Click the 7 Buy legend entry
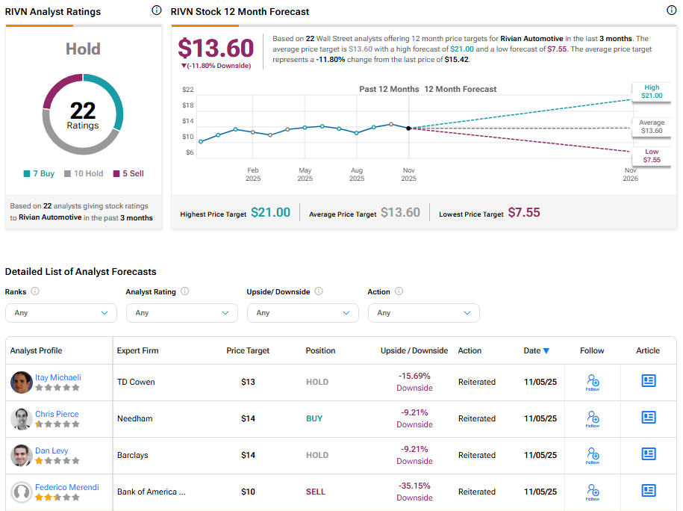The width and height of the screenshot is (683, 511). click(38, 173)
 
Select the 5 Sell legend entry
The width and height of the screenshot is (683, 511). click(128, 173)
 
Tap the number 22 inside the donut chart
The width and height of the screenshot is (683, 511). click(83, 111)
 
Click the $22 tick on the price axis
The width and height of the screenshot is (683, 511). click(188, 90)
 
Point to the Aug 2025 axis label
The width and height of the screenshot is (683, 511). click(357, 174)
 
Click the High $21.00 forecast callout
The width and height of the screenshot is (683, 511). click(651, 91)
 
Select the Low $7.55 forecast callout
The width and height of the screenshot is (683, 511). click(651, 155)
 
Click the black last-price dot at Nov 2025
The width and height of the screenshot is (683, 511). click(408, 128)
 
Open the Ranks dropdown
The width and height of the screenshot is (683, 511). click(61, 313)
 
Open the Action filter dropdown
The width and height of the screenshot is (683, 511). click(424, 313)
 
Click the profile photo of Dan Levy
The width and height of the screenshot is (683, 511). click(21, 456)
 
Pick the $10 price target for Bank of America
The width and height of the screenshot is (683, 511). click(248, 492)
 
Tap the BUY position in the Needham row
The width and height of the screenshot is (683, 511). click(314, 418)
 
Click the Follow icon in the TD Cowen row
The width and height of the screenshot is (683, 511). click(593, 382)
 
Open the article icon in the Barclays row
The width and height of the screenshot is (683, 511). click(648, 454)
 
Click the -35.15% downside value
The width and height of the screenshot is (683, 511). click(414, 486)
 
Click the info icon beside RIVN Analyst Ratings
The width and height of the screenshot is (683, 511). click(156, 10)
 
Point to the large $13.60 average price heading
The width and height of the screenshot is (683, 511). click(216, 48)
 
